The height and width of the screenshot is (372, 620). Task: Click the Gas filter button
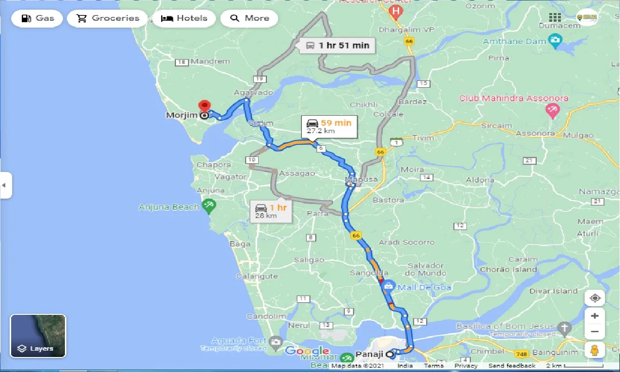tap(37, 18)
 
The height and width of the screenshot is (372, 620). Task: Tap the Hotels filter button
tap(184, 18)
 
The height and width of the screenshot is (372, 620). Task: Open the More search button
tap(249, 18)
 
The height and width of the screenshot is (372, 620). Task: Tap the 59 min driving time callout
tap(328, 126)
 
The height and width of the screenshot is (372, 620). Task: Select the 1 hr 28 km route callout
tap(271, 211)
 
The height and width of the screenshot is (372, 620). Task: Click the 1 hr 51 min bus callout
tap(337, 46)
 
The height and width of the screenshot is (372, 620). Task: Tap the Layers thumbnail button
tap(38, 336)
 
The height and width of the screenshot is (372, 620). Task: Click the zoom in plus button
tap(595, 316)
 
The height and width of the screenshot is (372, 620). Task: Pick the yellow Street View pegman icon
tap(595, 350)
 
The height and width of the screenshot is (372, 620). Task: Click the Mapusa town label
tap(361, 180)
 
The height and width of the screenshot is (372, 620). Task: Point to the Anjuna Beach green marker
tap(209, 206)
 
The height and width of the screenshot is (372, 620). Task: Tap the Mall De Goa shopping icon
tap(387, 286)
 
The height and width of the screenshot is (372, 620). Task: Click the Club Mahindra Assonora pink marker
tap(552, 111)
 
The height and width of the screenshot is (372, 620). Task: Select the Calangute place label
tap(257, 276)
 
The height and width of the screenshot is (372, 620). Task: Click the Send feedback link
tap(511, 366)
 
